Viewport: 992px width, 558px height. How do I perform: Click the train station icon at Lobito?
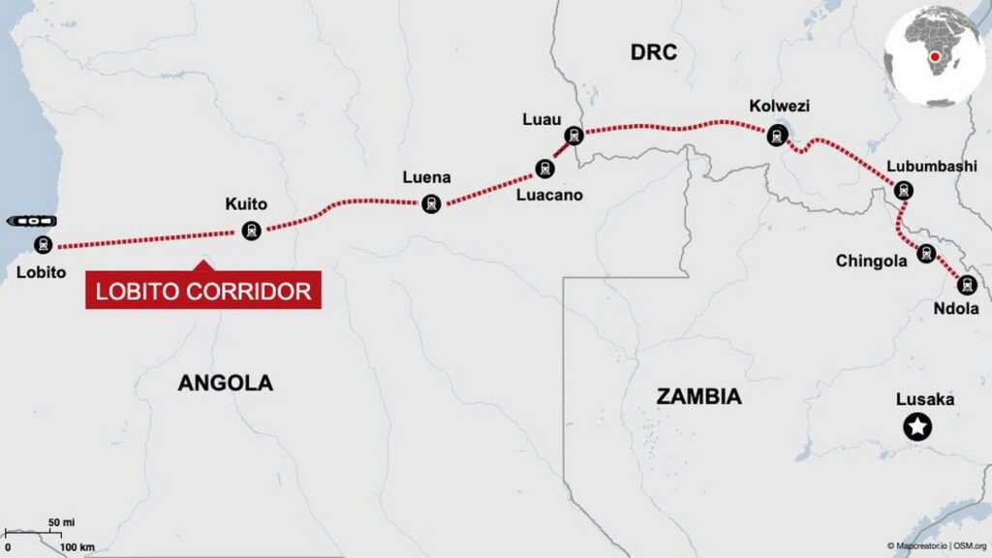(43, 244)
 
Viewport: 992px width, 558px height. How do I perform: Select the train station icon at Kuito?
(252, 231)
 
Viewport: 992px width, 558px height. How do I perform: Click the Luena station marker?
(431, 203)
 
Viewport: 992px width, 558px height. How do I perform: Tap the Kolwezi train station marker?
(777, 136)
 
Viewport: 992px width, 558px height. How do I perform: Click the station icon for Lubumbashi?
(904, 190)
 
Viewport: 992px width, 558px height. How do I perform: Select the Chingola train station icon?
(927, 254)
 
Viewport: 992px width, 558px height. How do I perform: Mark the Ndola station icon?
(966, 285)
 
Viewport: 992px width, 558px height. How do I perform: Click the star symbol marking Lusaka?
(915, 425)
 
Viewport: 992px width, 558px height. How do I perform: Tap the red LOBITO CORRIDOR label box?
(203, 291)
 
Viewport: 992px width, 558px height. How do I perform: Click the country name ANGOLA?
(225, 383)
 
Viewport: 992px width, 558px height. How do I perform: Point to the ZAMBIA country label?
(698, 396)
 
